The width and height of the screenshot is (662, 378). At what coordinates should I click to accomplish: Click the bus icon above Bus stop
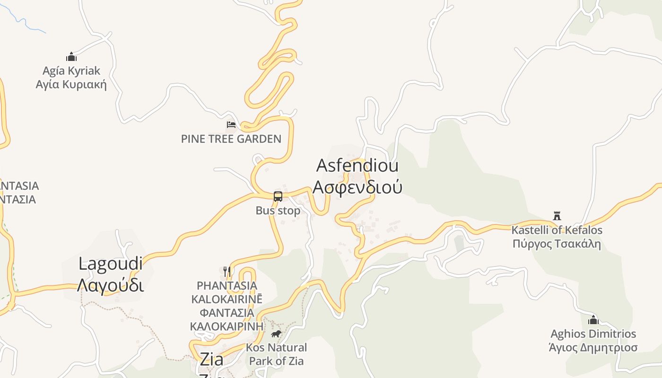coord(278,196)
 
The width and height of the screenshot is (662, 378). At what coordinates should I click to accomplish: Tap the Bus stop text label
coord(278,211)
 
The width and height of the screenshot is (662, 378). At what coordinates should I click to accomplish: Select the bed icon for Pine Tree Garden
coord(231,125)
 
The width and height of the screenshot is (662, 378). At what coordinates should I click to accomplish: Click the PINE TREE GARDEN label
coord(231,139)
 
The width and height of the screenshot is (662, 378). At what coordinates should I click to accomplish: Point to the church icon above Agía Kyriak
coord(71,57)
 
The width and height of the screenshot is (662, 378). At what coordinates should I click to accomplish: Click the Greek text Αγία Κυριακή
coord(71,85)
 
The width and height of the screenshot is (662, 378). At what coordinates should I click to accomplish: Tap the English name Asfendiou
coord(357,166)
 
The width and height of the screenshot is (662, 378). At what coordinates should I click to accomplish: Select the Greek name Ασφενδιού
coord(357,187)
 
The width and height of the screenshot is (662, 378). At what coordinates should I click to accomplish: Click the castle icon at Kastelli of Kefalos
coord(557,216)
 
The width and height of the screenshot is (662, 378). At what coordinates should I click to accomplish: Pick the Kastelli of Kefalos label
coord(557,230)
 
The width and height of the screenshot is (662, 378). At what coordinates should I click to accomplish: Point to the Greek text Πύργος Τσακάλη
coord(557,244)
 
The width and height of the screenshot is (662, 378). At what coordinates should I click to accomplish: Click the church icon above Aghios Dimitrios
coord(593,320)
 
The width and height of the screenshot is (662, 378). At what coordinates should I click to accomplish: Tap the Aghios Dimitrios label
coord(593,334)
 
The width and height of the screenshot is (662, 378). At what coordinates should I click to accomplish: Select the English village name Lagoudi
coord(110,264)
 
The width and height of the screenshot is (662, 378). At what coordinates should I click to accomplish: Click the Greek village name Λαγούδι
coord(110,285)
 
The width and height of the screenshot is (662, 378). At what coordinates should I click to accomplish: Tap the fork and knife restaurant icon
coord(227,271)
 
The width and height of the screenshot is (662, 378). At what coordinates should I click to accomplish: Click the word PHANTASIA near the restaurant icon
coord(227,286)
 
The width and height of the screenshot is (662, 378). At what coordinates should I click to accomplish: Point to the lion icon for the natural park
coord(276,334)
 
